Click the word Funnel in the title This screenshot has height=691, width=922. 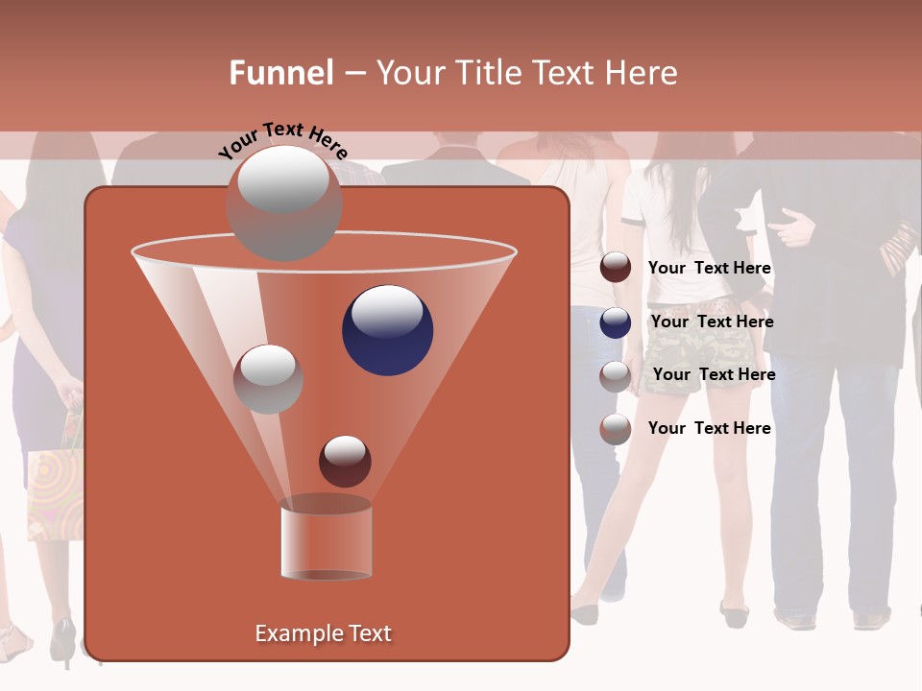tap(281, 73)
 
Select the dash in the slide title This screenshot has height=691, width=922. tap(354, 74)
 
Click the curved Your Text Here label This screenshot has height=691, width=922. tap(283, 140)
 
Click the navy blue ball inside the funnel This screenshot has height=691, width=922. tap(387, 329)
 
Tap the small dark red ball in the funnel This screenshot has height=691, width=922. tap(345, 461)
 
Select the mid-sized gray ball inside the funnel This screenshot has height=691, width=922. tap(268, 379)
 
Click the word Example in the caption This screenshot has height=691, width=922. tap(289, 633)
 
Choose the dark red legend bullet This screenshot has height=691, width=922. tap(616, 268)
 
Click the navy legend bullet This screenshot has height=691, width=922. tap(616, 322)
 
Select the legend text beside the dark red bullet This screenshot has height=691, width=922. tap(709, 268)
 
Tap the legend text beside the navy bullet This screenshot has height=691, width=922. tap(712, 322)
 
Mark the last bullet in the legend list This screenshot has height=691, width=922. tap(616, 429)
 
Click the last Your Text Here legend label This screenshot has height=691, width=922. tap(709, 428)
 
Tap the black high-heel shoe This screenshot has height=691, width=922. tap(64, 641)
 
